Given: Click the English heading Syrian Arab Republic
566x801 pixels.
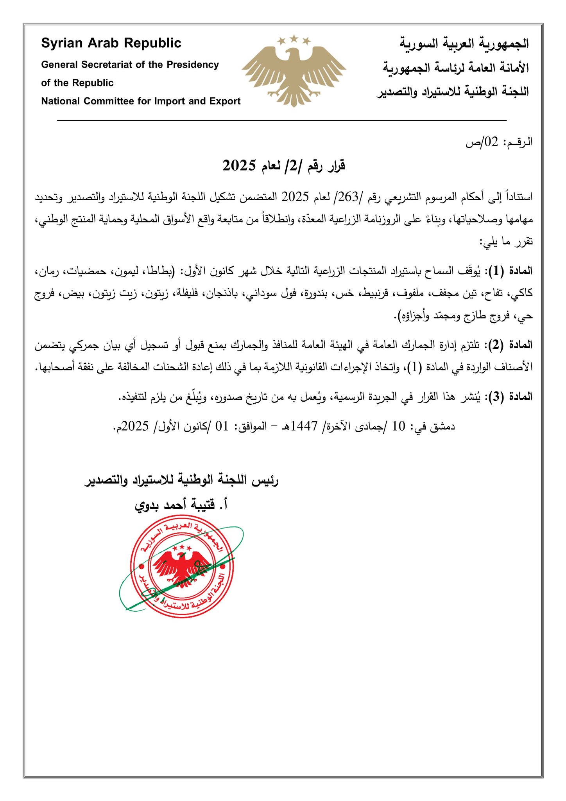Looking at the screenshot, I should [111, 43].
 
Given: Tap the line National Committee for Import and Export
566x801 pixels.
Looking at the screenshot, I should [141, 101].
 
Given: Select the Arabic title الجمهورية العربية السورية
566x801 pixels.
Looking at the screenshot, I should [464, 44].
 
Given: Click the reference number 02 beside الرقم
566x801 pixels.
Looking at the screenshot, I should [491, 142].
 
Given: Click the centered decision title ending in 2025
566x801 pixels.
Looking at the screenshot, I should [283, 166].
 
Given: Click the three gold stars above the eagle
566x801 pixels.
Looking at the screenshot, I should [294, 40].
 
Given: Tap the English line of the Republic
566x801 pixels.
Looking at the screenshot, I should [77, 83].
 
